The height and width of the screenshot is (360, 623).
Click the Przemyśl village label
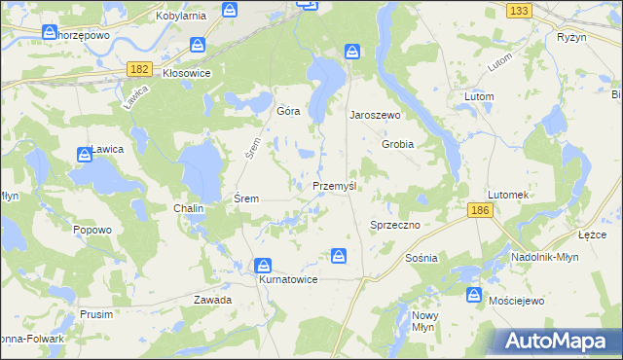[x=338, y=186]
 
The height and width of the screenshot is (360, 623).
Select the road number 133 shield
[x=519, y=10]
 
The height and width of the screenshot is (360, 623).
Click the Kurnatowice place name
[x=288, y=279]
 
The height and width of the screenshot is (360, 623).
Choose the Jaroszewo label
[x=376, y=114]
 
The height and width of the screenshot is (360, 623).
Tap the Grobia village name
[x=397, y=144]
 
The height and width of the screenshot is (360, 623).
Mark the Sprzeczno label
[x=394, y=225]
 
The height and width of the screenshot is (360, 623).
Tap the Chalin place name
[x=188, y=208]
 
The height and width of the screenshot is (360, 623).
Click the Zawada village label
[x=212, y=300]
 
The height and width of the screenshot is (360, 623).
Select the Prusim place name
[x=96, y=314]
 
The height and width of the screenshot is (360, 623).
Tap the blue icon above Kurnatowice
[x=263, y=265]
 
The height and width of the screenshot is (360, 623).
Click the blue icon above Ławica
[x=85, y=155]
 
